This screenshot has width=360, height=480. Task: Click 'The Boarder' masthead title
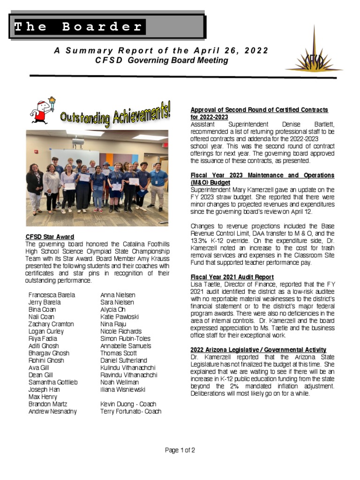78,27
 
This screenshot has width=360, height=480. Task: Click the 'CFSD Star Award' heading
50,237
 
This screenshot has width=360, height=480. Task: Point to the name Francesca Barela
52,295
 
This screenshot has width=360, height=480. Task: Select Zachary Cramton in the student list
51,324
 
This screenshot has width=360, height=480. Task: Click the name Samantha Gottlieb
53,382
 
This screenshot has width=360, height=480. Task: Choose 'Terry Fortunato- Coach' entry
131,412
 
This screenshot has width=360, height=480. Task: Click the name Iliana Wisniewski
123,390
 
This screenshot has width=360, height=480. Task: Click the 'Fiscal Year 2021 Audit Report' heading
232,277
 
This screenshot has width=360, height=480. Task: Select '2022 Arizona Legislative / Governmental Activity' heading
258,350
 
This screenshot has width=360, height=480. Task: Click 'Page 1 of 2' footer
180,450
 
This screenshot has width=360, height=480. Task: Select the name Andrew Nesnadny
52,412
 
